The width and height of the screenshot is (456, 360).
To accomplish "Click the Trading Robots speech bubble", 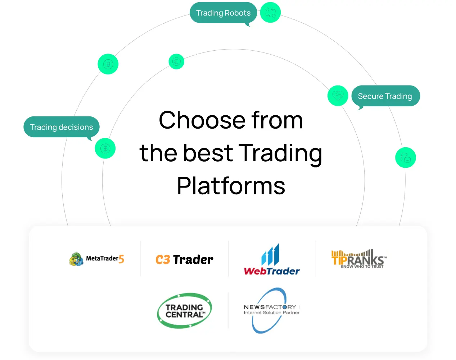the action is (223, 13).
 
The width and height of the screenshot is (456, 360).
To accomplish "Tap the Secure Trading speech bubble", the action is (385, 96).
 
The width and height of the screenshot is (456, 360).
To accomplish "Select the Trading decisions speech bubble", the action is (62, 127).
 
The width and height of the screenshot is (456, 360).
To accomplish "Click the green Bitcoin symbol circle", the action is (108, 64).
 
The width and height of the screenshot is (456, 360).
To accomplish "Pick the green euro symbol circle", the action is (176, 61).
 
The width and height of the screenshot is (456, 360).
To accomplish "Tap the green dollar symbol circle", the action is (105, 148).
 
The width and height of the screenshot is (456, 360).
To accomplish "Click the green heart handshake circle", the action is (338, 96).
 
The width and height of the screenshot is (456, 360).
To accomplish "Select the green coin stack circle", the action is (406, 158).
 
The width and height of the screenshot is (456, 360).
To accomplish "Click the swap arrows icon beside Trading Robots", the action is (270, 13).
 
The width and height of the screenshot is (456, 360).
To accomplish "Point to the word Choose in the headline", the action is (202, 120).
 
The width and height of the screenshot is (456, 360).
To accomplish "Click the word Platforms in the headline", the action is (231, 186).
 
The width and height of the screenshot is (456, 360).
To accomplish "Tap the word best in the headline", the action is (208, 153).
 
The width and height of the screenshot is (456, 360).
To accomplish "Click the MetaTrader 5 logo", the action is (96, 259).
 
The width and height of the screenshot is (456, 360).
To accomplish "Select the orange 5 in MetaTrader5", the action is (121, 259).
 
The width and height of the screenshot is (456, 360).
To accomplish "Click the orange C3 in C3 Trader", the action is (163, 259).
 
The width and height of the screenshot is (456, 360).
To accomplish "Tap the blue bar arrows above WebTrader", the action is (270, 254).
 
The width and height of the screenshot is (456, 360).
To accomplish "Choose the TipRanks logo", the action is (359, 259).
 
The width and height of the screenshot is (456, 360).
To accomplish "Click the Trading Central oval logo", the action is (184, 311).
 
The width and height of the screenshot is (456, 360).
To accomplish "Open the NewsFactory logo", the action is (272, 310).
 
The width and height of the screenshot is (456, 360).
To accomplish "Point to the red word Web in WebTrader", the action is (255, 271).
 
